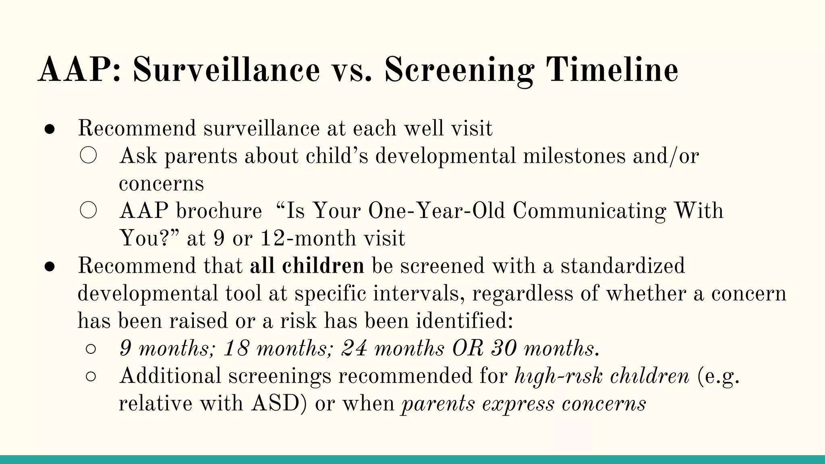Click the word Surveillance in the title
point(226,70)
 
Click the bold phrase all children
point(307,266)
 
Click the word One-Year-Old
point(437,211)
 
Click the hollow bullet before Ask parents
point(88,156)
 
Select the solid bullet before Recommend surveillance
point(50,129)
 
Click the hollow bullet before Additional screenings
point(91,376)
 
